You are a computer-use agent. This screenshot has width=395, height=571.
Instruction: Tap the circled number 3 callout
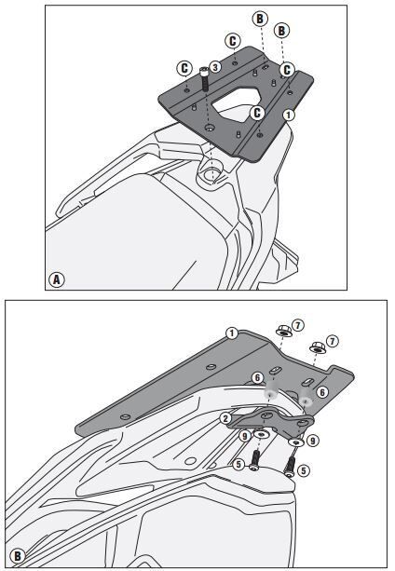pyautogui.click(x=214, y=67)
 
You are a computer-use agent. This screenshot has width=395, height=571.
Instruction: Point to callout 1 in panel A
pyautogui.click(x=290, y=115)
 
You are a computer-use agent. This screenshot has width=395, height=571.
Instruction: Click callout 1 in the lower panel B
pyautogui.click(x=232, y=333)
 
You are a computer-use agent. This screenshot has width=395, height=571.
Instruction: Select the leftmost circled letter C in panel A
pyautogui.click(x=185, y=68)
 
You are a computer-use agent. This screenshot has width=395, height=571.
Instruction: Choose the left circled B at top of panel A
pyautogui.click(x=259, y=18)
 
